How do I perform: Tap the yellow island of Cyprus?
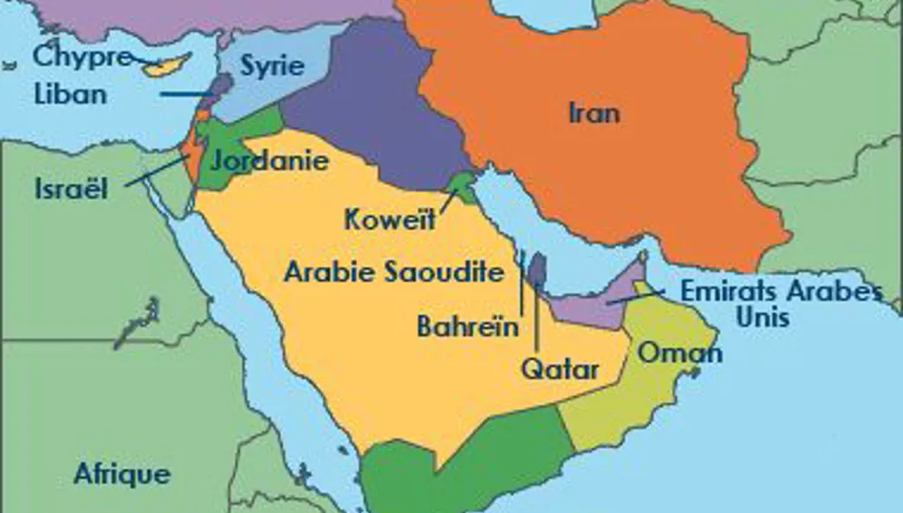(x=169, y=64)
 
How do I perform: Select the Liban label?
(x=70, y=93)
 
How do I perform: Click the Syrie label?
(x=272, y=65)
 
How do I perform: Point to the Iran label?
(x=594, y=112)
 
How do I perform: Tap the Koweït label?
(x=390, y=219)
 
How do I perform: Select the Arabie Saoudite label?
(x=393, y=271)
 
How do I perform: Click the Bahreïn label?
(x=467, y=327)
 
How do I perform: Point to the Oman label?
(x=680, y=353)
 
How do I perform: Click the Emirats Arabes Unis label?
(x=781, y=302)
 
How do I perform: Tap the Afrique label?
(x=122, y=472)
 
